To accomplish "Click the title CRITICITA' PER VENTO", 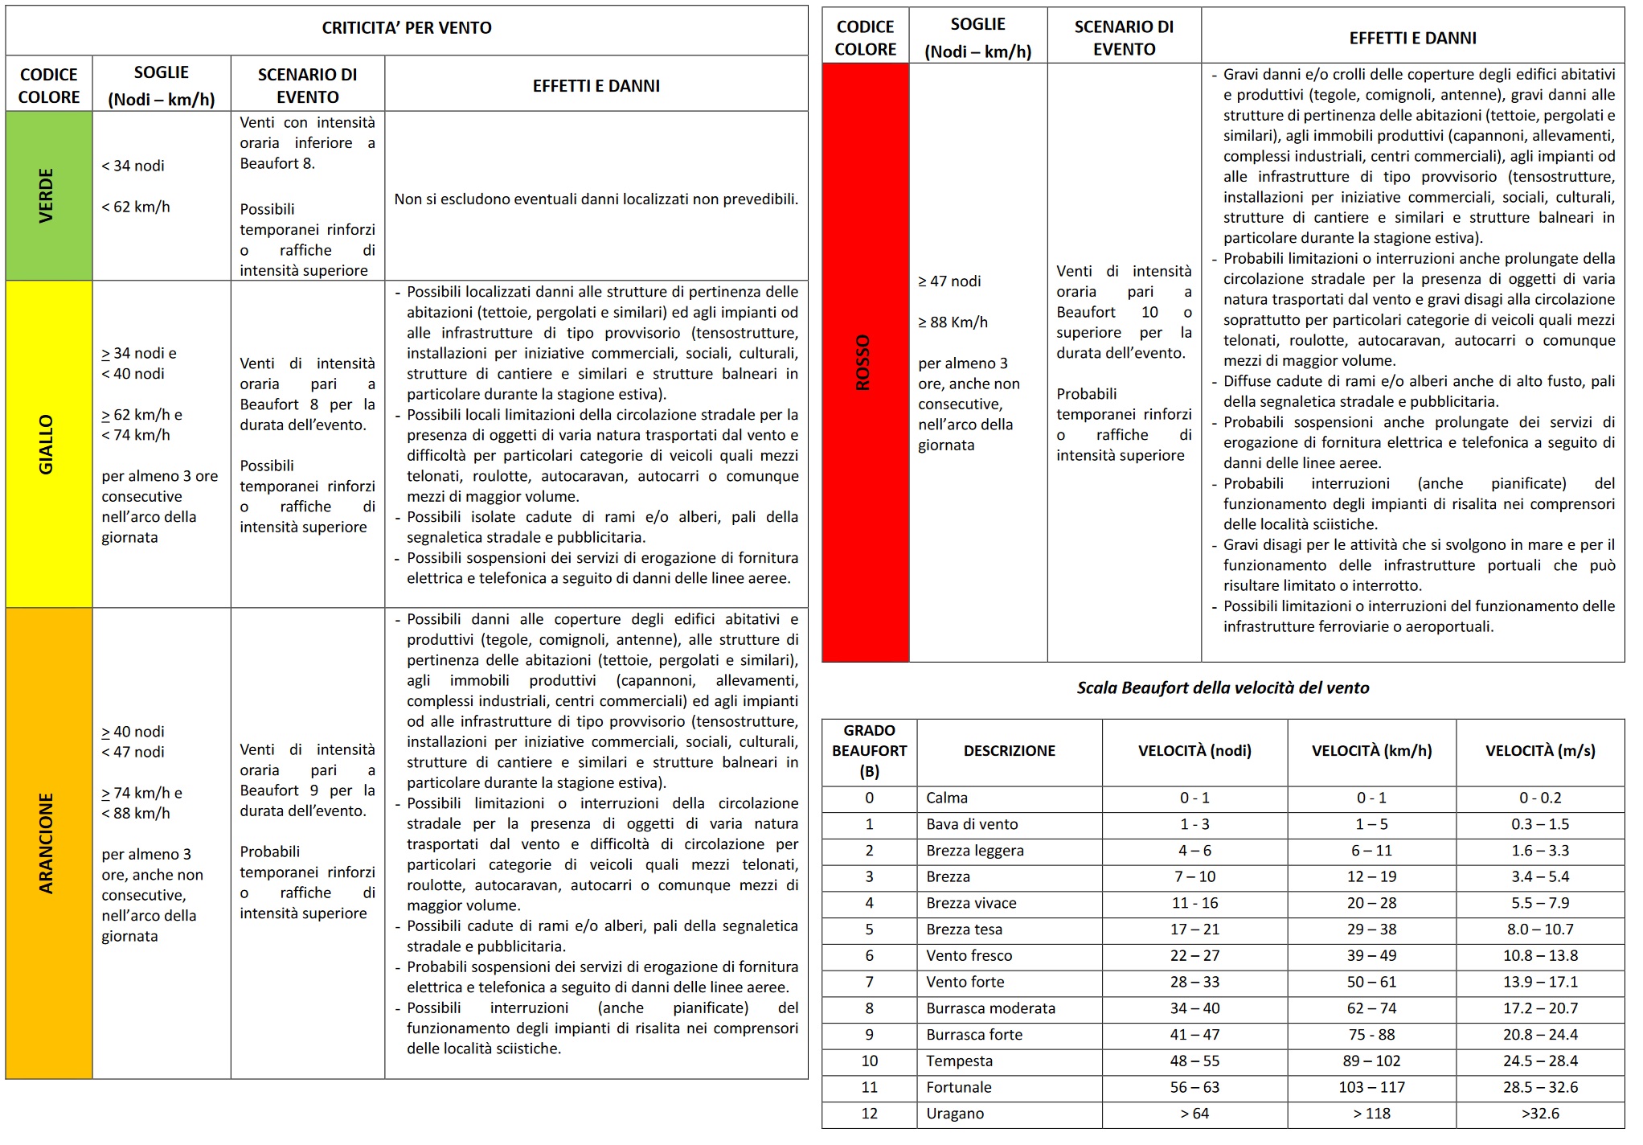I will (406, 28).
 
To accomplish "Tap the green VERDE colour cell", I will (48, 195).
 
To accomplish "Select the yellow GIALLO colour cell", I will (48, 444).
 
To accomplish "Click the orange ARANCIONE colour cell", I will (48, 843).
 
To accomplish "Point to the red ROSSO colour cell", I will (864, 363).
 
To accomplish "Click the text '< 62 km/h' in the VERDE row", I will (136, 207).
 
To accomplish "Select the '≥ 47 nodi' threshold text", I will (949, 281).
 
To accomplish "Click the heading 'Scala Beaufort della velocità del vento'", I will (1222, 688).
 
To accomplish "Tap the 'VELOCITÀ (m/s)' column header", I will (1539, 751).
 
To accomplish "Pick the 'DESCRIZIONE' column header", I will (1009, 751).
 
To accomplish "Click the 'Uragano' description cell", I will (954, 1114).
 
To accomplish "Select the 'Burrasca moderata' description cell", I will (990, 1008).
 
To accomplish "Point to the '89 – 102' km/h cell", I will (1371, 1061).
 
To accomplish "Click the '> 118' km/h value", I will (1371, 1114).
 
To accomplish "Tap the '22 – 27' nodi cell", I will (1194, 956).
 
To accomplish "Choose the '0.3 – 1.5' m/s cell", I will (1539, 824).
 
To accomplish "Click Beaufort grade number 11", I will (869, 1087).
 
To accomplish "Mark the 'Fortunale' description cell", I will (958, 1087).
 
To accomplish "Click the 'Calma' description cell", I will (946, 798).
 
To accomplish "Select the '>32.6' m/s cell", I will (1539, 1114).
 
